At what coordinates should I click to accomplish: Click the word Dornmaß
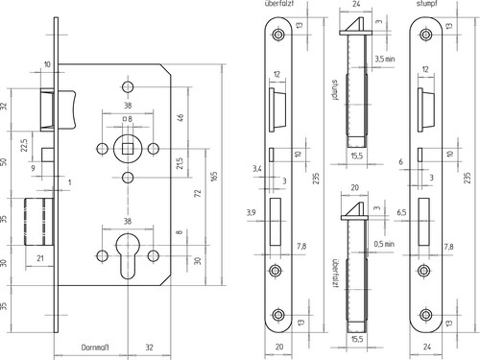pyautogui.click(x=95, y=348)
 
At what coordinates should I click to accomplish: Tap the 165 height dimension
pyautogui.click(x=214, y=176)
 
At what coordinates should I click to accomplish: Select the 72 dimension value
pyautogui.click(x=198, y=193)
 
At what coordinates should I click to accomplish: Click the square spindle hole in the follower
pyautogui.click(x=128, y=149)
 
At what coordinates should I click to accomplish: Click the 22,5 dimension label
pyautogui.click(x=25, y=145)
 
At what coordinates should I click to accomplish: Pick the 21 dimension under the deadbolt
pyautogui.click(x=40, y=258)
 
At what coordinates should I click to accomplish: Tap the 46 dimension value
pyautogui.click(x=180, y=117)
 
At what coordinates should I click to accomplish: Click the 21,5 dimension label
pyautogui.click(x=180, y=163)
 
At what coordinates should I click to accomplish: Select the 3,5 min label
pyautogui.click(x=385, y=59)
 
